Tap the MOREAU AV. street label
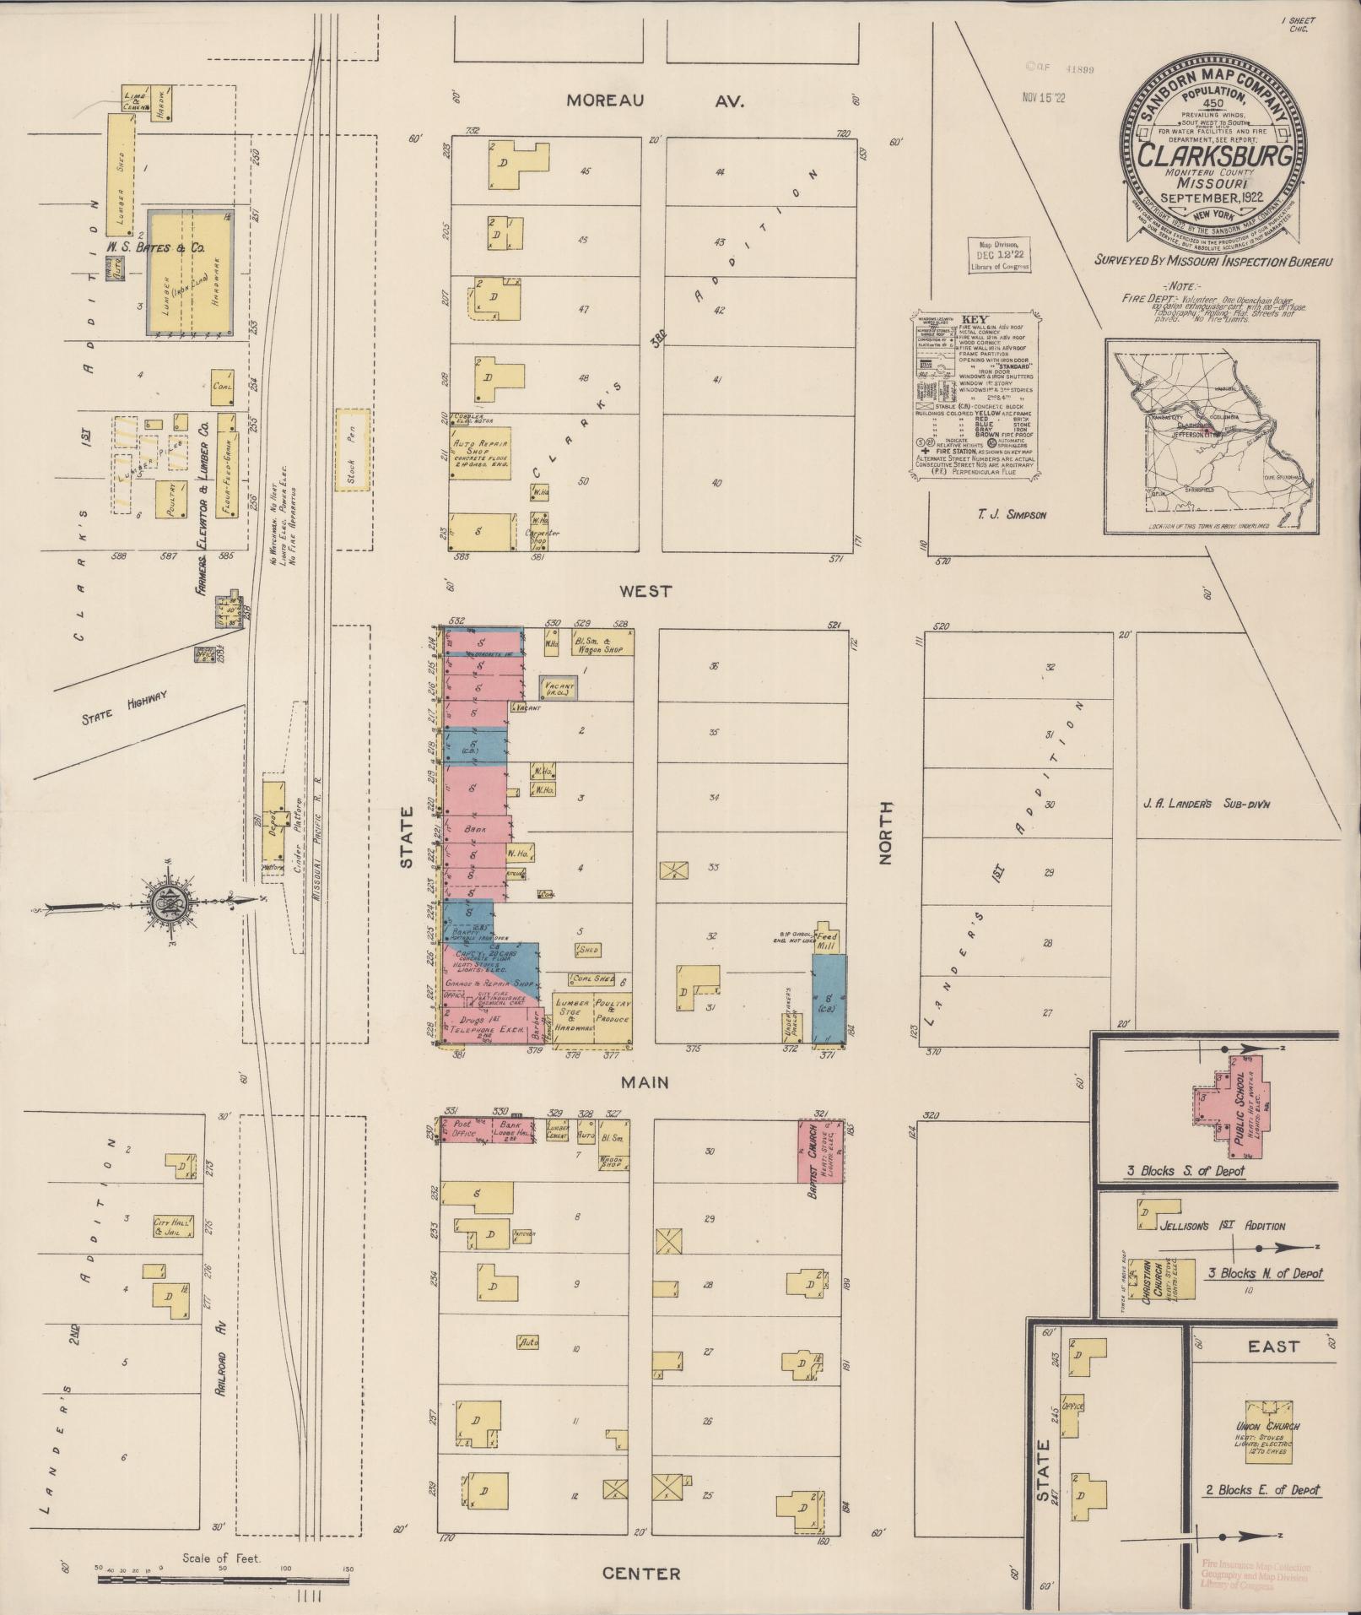(x=654, y=100)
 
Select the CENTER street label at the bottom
(x=641, y=1574)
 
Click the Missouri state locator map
(x=1212, y=437)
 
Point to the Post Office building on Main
(x=462, y=1130)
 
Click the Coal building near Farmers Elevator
(x=223, y=386)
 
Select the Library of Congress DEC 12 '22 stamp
(x=1002, y=255)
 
